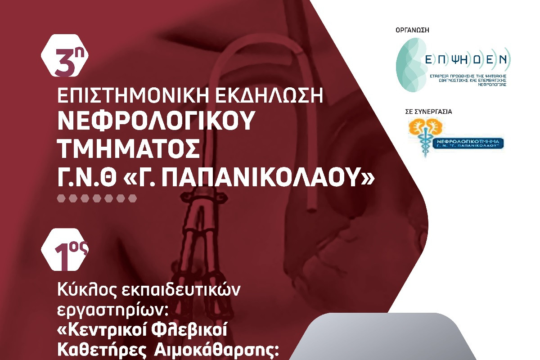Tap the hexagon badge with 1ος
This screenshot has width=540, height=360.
(65, 251)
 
